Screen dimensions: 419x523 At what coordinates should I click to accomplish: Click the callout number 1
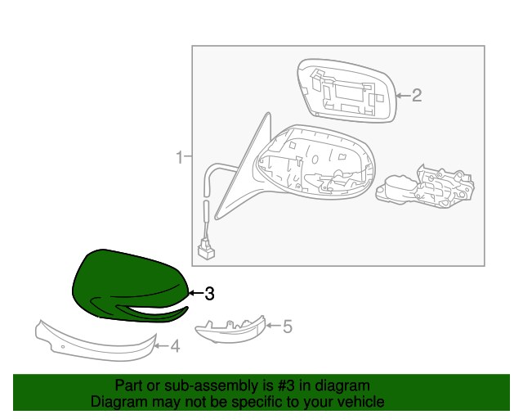click(x=179, y=155)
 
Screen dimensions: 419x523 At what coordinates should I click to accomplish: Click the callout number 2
click(x=416, y=97)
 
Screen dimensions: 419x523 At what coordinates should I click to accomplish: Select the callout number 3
click(x=209, y=293)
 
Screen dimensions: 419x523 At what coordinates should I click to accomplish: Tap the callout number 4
click(x=174, y=346)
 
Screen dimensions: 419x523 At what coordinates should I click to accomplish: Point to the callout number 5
click(x=287, y=327)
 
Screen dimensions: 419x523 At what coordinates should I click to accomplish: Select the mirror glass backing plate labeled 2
click(x=343, y=90)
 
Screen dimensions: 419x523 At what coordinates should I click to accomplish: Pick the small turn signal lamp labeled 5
click(x=230, y=329)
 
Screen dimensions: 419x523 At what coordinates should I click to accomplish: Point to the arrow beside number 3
click(x=194, y=293)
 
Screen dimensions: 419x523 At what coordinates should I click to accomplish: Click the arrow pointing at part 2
click(x=402, y=97)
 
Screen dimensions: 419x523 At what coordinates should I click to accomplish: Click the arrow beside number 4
click(x=162, y=346)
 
